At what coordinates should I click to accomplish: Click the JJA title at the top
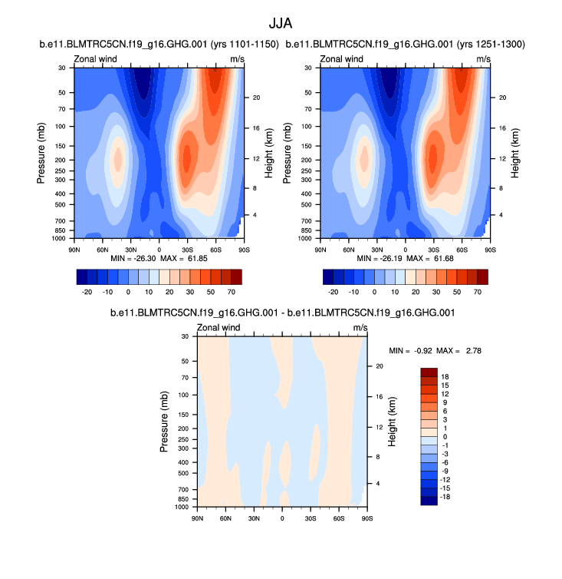point(281,24)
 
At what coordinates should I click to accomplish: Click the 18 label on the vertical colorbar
point(444,376)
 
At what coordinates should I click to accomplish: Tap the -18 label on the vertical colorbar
point(445,497)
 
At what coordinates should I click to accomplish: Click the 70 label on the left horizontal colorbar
point(230,293)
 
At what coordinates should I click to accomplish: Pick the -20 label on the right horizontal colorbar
point(334,293)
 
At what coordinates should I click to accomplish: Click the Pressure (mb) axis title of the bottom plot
point(165,422)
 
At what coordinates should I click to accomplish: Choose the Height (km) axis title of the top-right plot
point(515,154)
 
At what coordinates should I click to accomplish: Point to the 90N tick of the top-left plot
point(74,250)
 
